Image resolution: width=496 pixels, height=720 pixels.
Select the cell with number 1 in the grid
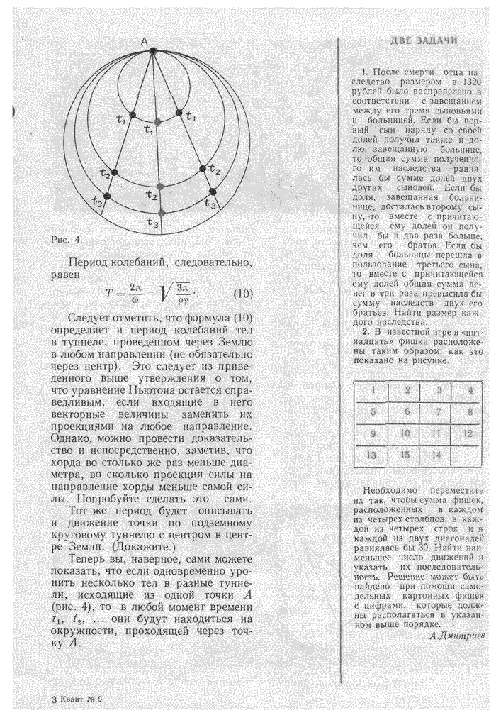pyautogui.click(x=373, y=389)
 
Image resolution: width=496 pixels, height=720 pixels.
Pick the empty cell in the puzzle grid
pyautogui.click(x=468, y=455)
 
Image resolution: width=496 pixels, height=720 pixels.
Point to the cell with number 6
pyautogui.click(x=407, y=411)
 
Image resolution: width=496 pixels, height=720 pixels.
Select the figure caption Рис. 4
pyautogui.click(x=67, y=240)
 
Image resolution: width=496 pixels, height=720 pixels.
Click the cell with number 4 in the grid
pyautogui.click(x=470, y=389)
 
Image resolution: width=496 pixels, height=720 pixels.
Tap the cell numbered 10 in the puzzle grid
pyautogui.click(x=406, y=433)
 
